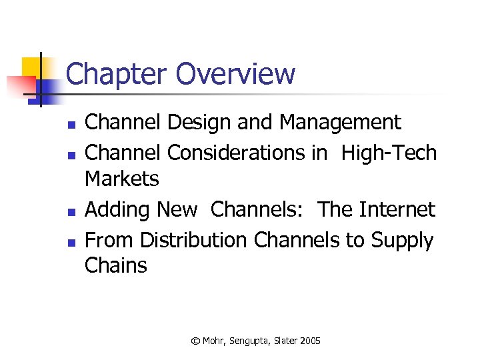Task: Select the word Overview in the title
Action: pyautogui.click(x=237, y=74)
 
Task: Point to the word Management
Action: pyautogui.click(x=340, y=123)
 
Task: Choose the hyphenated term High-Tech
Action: pyautogui.click(x=389, y=153)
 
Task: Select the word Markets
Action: pyautogui.click(x=122, y=179)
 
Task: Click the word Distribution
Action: pyautogui.click(x=193, y=239)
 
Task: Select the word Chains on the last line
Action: pyautogui.click(x=116, y=265)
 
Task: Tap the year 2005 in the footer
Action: pyautogui.click(x=309, y=341)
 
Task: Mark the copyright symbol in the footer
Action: pyautogui.click(x=195, y=341)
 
